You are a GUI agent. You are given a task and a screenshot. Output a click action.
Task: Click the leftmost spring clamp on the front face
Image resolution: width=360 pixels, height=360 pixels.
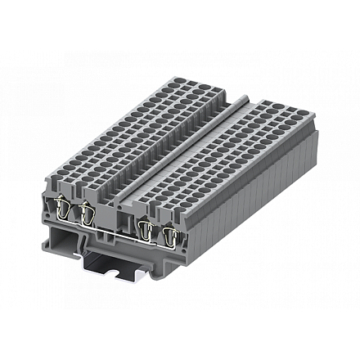pos(61,212)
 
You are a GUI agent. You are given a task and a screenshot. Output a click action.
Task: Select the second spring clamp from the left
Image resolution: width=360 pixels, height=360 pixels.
pos(84,215)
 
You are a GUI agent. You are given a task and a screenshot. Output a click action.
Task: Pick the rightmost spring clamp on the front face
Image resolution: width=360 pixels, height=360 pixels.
pos(169,236)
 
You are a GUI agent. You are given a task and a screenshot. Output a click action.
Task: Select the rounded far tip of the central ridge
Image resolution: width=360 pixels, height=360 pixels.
pos(243,97)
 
